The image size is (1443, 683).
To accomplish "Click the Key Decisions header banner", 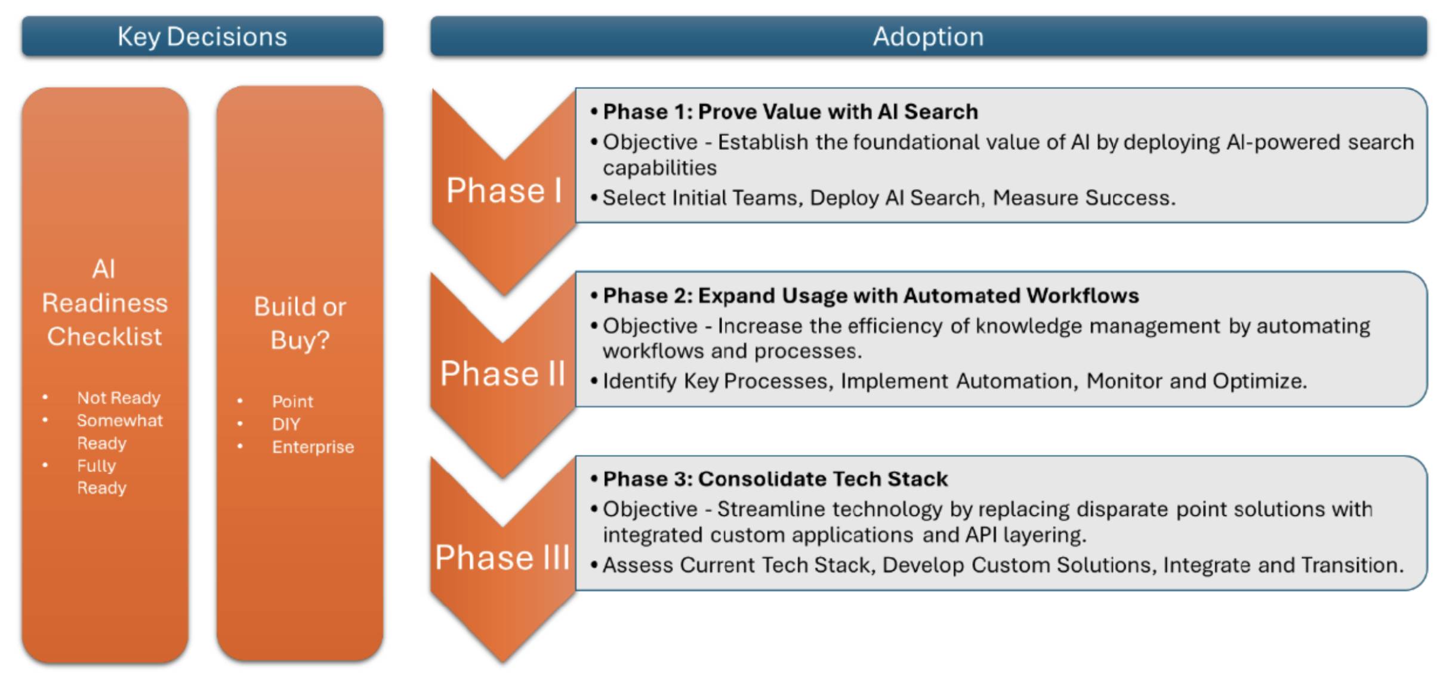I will click(x=202, y=37).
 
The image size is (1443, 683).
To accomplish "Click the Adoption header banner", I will click(x=928, y=37).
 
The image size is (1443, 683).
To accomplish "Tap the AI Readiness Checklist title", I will click(x=104, y=302).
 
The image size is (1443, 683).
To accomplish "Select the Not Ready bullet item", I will click(x=118, y=398).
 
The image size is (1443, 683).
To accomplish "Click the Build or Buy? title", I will click(x=300, y=323).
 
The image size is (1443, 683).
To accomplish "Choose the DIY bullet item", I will click(x=286, y=424).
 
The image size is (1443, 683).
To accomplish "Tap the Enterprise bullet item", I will click(x=313, y=447).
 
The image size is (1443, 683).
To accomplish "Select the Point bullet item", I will click(x=292, y=401).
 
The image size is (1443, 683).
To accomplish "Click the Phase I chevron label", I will click(x=504, y=191).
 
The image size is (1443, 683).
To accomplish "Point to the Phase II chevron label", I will click(x=502, y=374).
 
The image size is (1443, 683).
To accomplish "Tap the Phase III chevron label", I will click(x=502, y=558).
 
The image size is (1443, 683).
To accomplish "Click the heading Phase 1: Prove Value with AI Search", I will click(x=790, y=112).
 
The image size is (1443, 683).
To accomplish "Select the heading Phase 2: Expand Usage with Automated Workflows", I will click(x=870, y=295).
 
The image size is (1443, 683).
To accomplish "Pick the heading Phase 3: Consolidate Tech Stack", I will click(x=775, y=479).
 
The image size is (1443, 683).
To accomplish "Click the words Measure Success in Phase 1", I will click(x=1083, y=198).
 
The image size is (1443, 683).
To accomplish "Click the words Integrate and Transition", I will click(x=1282, y=565).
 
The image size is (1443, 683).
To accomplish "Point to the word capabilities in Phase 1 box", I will click(x=659, y=168).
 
